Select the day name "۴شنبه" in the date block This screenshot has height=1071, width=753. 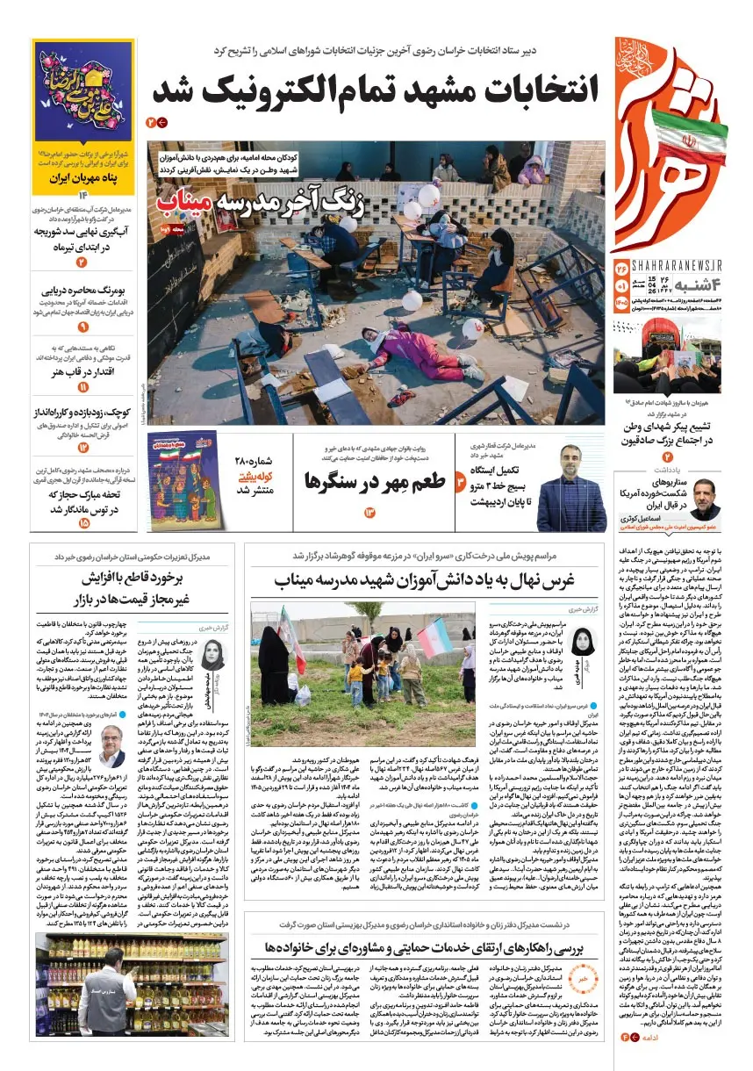point(697,286)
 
